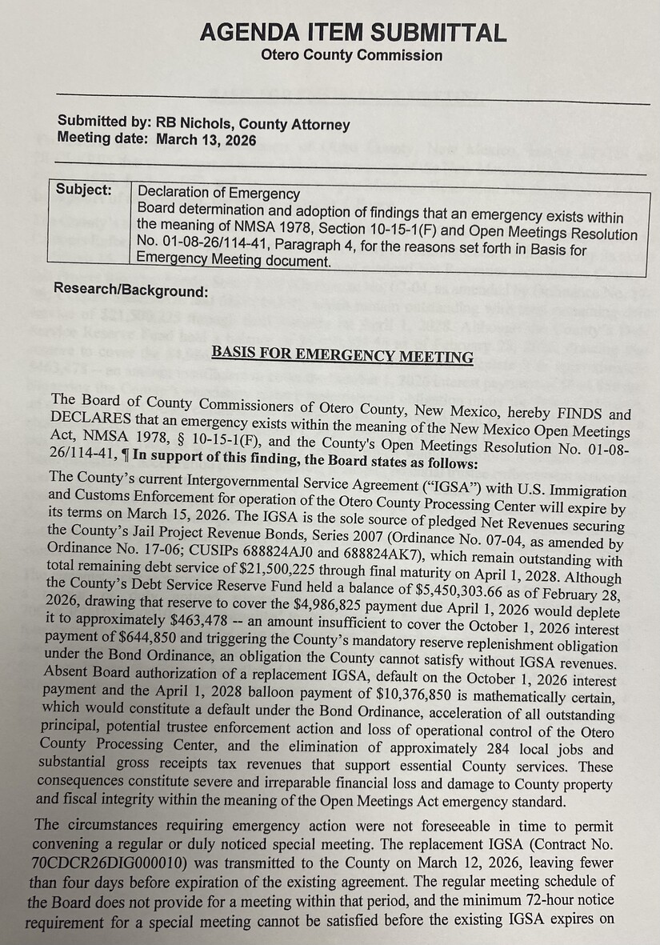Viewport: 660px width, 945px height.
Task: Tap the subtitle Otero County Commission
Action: tap(351, 56)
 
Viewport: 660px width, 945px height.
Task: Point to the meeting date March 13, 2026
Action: tap(206, 139)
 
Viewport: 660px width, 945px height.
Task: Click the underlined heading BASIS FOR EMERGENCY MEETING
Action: tap(342, 354)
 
